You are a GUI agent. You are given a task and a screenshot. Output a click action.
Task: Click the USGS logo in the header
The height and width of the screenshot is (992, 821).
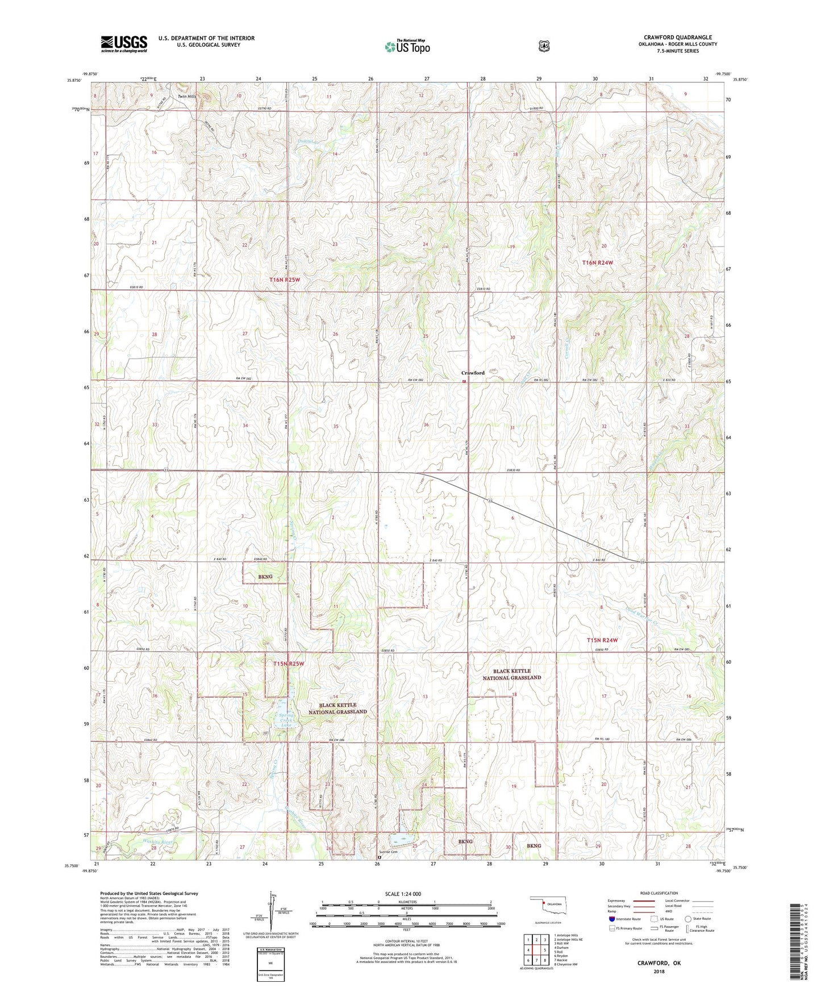[x=124, y=44]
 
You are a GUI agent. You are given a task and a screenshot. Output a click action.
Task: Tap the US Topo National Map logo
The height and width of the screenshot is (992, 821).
[x=407, y=46]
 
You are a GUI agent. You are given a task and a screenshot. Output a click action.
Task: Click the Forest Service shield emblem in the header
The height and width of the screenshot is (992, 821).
[x=544, y=46]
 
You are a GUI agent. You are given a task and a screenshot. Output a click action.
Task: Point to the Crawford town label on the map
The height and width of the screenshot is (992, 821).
[x=472, y=373]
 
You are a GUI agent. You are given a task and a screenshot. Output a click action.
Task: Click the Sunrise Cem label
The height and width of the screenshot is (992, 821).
[x=387, y=852]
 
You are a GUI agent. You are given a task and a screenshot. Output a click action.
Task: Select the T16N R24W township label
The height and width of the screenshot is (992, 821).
[x=598, y=263]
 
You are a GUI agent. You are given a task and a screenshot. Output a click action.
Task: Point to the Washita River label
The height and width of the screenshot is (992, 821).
[x=158, y=841]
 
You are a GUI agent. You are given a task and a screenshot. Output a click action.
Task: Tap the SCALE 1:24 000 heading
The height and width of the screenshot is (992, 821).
[x=403, y=894]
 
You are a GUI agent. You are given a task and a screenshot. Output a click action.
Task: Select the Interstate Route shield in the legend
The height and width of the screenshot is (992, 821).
[x=611, y=918]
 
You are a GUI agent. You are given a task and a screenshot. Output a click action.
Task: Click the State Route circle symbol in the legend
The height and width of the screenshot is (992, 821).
[x=688, y=918]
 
